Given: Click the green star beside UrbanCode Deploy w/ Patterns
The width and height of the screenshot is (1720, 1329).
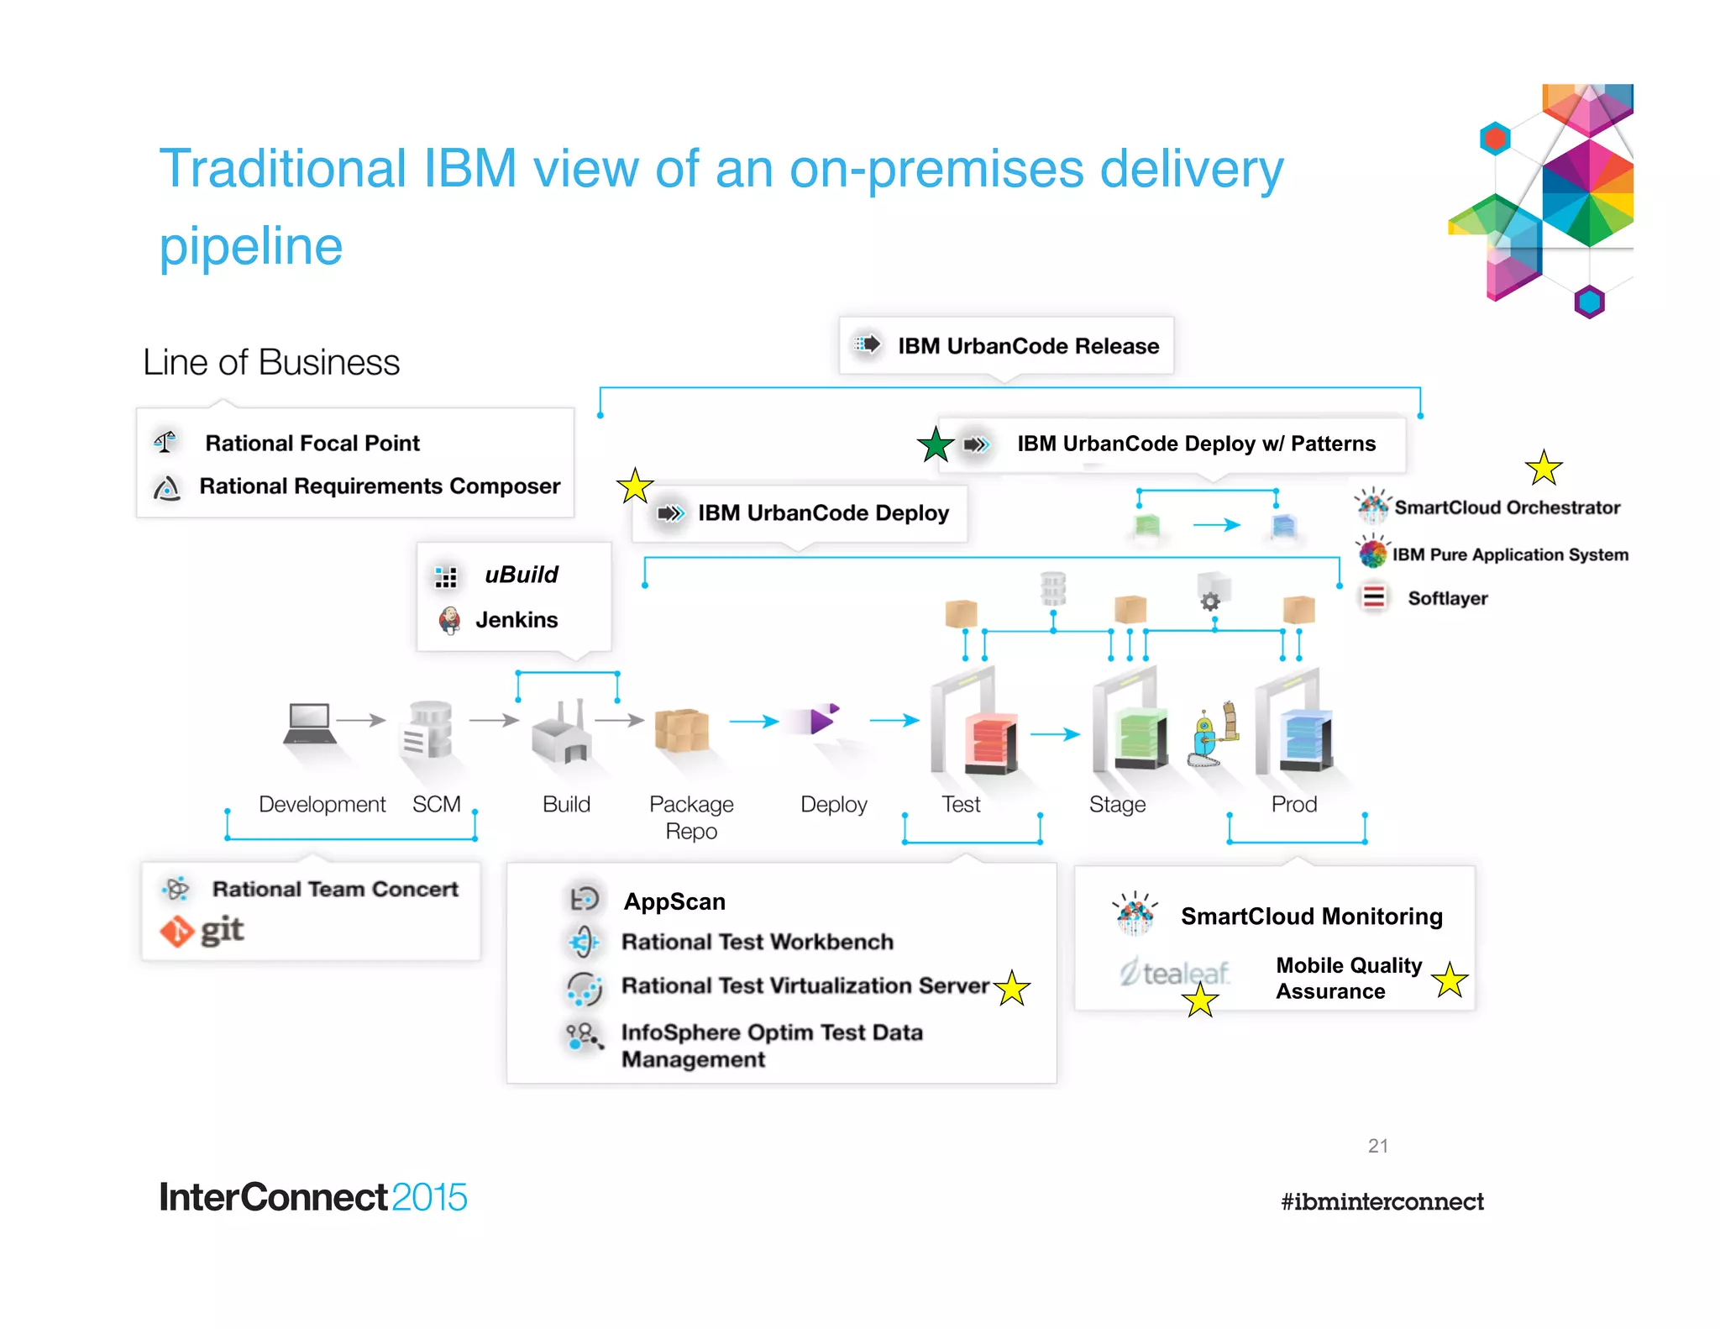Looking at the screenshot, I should point(936,444).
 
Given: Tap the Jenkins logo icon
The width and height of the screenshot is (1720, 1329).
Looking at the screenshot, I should point(449,620).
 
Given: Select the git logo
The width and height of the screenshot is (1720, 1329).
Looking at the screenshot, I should point(202,931).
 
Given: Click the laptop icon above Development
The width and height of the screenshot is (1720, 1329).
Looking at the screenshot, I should point(309,723).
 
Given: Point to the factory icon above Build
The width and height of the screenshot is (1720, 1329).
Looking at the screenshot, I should point(560,733).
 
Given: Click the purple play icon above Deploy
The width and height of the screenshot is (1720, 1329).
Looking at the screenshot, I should point(821,720).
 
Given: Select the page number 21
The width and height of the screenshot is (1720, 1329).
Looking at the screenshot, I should point(1377,1146).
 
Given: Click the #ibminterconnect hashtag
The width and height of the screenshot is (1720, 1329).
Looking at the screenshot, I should point(1382,1201).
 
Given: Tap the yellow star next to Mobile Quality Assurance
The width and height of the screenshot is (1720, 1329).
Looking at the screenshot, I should point(1450,980).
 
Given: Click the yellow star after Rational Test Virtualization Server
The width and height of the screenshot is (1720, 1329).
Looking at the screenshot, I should point(1012,989).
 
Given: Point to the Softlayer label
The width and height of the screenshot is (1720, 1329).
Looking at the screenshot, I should point(1447,598).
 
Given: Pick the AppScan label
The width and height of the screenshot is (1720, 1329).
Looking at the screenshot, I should point(674,901).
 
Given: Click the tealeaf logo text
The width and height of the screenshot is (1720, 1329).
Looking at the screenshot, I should point(1176,973).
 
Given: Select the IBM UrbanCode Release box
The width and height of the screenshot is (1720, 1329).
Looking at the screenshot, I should point(1005,346).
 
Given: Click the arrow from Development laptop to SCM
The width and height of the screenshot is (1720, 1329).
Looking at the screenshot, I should point(360,720).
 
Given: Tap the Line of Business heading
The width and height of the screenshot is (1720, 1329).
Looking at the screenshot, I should point(270,363).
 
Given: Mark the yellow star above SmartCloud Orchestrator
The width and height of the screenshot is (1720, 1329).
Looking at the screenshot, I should point(1543,468).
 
